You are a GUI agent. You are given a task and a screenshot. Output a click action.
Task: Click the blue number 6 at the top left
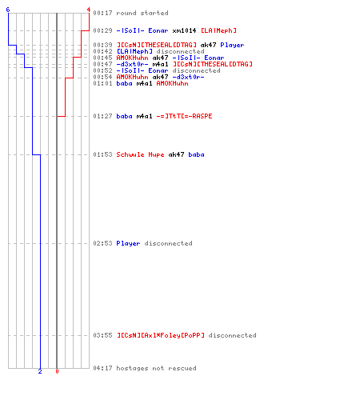click(8, 10)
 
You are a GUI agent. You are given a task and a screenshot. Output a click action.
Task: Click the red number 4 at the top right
click(89, 10)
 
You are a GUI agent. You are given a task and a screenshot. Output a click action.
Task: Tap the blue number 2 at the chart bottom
click(40, 371)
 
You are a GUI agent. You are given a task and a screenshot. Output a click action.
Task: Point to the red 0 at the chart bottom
click(57, 371)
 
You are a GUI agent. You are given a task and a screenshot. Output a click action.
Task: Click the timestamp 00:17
click(102, 13)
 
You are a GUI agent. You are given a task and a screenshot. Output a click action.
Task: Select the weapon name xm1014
click(184, 30)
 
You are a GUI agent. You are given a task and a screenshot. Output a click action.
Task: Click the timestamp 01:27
click(102, 116)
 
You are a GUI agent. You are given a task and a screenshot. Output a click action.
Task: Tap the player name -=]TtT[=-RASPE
click(184, 116)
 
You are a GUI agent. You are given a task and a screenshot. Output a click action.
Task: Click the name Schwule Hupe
click(140, 154)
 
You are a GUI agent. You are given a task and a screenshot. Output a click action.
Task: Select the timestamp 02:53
click(102, 243)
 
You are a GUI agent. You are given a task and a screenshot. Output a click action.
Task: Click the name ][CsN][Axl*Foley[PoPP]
click(161, 335)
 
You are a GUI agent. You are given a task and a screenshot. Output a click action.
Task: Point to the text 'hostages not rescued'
click(156, 368)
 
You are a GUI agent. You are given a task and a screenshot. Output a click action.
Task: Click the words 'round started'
click(142, 13)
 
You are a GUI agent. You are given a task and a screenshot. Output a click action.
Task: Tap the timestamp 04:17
click(102, 368)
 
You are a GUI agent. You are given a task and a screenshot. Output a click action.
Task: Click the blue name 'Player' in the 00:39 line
click(232, 45)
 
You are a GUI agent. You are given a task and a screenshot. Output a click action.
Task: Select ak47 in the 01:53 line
click(176, 154)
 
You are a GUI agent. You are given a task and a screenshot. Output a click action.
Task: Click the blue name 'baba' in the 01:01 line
click(124, 83)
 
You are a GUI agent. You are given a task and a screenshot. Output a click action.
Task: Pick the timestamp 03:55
click(102, 335)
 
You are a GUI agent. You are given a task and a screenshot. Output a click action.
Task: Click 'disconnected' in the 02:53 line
click(168, 243)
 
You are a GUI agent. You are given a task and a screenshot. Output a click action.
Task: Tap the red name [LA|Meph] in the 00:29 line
click(218, 30)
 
